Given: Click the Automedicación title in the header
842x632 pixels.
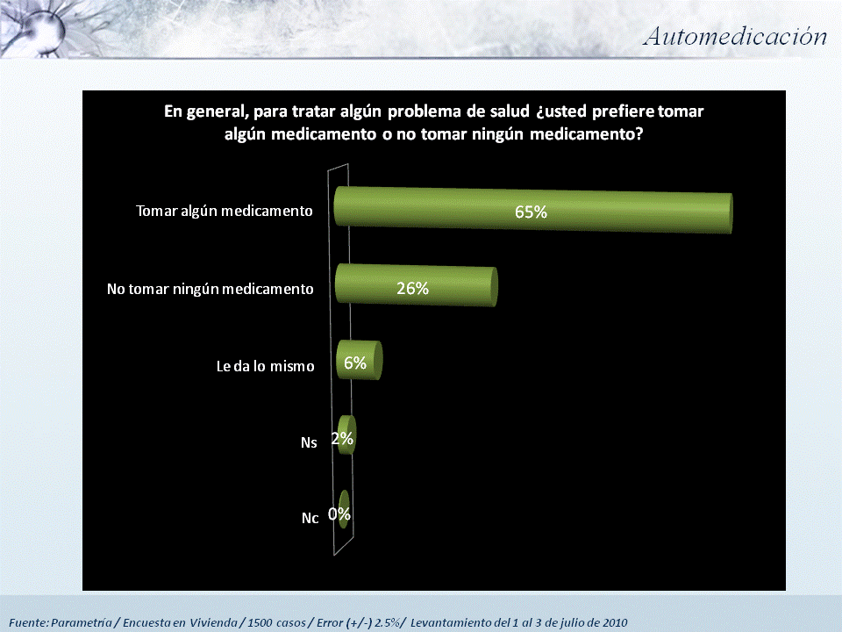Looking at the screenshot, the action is pyautogui.click(x=735, y=37).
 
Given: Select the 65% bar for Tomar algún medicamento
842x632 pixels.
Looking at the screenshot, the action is pyautogui.click(x=533, y=210).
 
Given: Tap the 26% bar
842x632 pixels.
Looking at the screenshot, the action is pyautogui.click(x=416, y=285).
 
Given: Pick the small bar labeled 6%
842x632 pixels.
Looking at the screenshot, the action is pyautogui.click(x=359, y=360).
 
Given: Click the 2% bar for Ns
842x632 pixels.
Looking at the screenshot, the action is pyautogui.click(x=346, y=434).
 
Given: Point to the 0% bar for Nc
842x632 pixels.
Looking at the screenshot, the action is pyautogui.click(x=344, y=509).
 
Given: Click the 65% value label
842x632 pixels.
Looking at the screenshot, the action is pyautogui.click(x=531, y=212).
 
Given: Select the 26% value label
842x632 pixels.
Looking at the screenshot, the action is pyautogui.click(x=412, y=289).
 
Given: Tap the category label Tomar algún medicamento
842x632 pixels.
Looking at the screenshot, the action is pyautogui.click(x=224, y=212).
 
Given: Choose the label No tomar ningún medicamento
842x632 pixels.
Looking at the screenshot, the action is pyautogui.click(x=210, y=289).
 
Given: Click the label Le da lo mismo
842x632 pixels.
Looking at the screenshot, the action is pyautogui.click(x=265, y=367).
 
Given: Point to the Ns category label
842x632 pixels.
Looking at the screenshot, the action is pyautogui.click(x=309, y=442).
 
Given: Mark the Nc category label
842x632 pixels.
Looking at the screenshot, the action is pyautogui.click(x=310, y=518).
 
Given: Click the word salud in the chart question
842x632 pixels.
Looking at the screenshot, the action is pyautogui.click(x=510, y=111).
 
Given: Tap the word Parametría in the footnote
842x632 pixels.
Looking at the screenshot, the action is pyautogui.click(x=81, y=623).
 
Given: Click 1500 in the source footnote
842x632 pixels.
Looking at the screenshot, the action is pyautogui.click(x=260, y=623).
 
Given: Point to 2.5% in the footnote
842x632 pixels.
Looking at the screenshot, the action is pyautogui.click(x=387, y=623).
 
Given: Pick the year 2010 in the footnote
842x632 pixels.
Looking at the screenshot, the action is pyautogui.click(x=614, y=623).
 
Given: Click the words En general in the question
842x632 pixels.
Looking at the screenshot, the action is pyautogui.click(x=205, y=111).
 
